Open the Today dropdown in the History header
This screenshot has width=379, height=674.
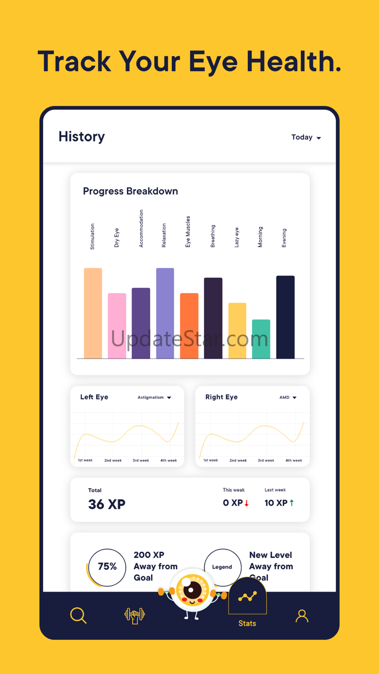tap(306, 138)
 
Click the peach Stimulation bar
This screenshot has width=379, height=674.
tap(93, 313)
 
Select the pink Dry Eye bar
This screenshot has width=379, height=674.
tap(117, 326)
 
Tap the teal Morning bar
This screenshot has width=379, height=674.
tap(261, 339)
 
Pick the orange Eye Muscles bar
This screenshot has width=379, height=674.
tap(189, 326)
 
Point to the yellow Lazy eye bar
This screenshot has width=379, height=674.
tap(237, 330)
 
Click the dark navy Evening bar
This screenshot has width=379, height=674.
tap(285, 317)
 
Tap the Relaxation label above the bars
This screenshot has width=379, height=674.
tap(164, 236)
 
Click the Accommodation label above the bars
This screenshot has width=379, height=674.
tap(141, 229)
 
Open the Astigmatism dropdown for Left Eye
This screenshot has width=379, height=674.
tap(154, 397)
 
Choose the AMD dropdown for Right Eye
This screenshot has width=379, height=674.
tap(288, 397)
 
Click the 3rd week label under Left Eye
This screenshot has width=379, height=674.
tap(141, 460)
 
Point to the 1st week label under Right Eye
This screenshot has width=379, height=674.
tap(210, 460)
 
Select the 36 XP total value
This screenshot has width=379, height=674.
tap(107, 504)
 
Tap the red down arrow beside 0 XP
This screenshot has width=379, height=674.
tap(247, 503)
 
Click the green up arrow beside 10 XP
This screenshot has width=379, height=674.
tap(292, 503)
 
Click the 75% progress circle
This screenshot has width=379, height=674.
tap(107, 567)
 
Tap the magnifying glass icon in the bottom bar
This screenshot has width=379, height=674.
tap(78, 615)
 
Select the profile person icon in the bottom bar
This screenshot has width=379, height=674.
tap(302, 616)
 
